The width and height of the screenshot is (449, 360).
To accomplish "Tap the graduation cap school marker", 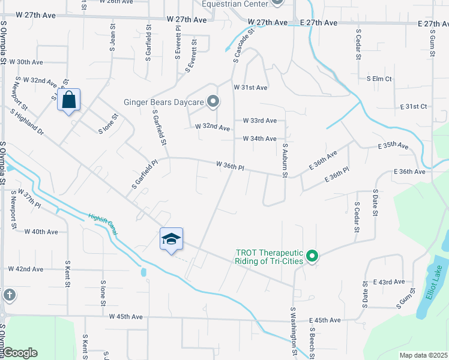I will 172,239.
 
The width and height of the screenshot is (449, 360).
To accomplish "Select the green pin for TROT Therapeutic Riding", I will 312,257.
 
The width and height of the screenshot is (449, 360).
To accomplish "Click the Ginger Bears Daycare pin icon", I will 212,102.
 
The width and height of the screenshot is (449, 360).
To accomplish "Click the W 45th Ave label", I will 126,316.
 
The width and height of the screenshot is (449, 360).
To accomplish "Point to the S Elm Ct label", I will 379,79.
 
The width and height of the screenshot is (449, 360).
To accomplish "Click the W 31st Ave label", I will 255,88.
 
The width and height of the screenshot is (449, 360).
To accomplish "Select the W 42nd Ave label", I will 25,269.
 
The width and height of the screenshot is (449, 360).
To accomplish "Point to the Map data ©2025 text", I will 424,355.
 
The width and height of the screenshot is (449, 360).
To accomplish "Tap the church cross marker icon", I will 9,295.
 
